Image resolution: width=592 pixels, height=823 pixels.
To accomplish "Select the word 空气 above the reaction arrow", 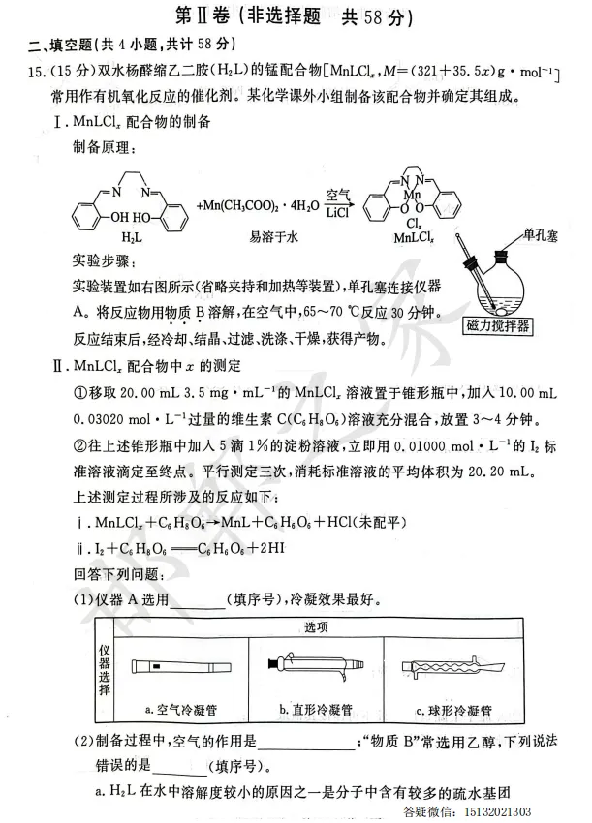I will coord(338,194).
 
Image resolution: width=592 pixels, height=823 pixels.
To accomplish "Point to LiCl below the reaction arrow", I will coord(338,212).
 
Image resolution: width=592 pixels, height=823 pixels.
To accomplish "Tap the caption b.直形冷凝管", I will coord(317,709).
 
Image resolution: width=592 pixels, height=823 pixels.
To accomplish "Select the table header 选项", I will coord(318,626).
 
